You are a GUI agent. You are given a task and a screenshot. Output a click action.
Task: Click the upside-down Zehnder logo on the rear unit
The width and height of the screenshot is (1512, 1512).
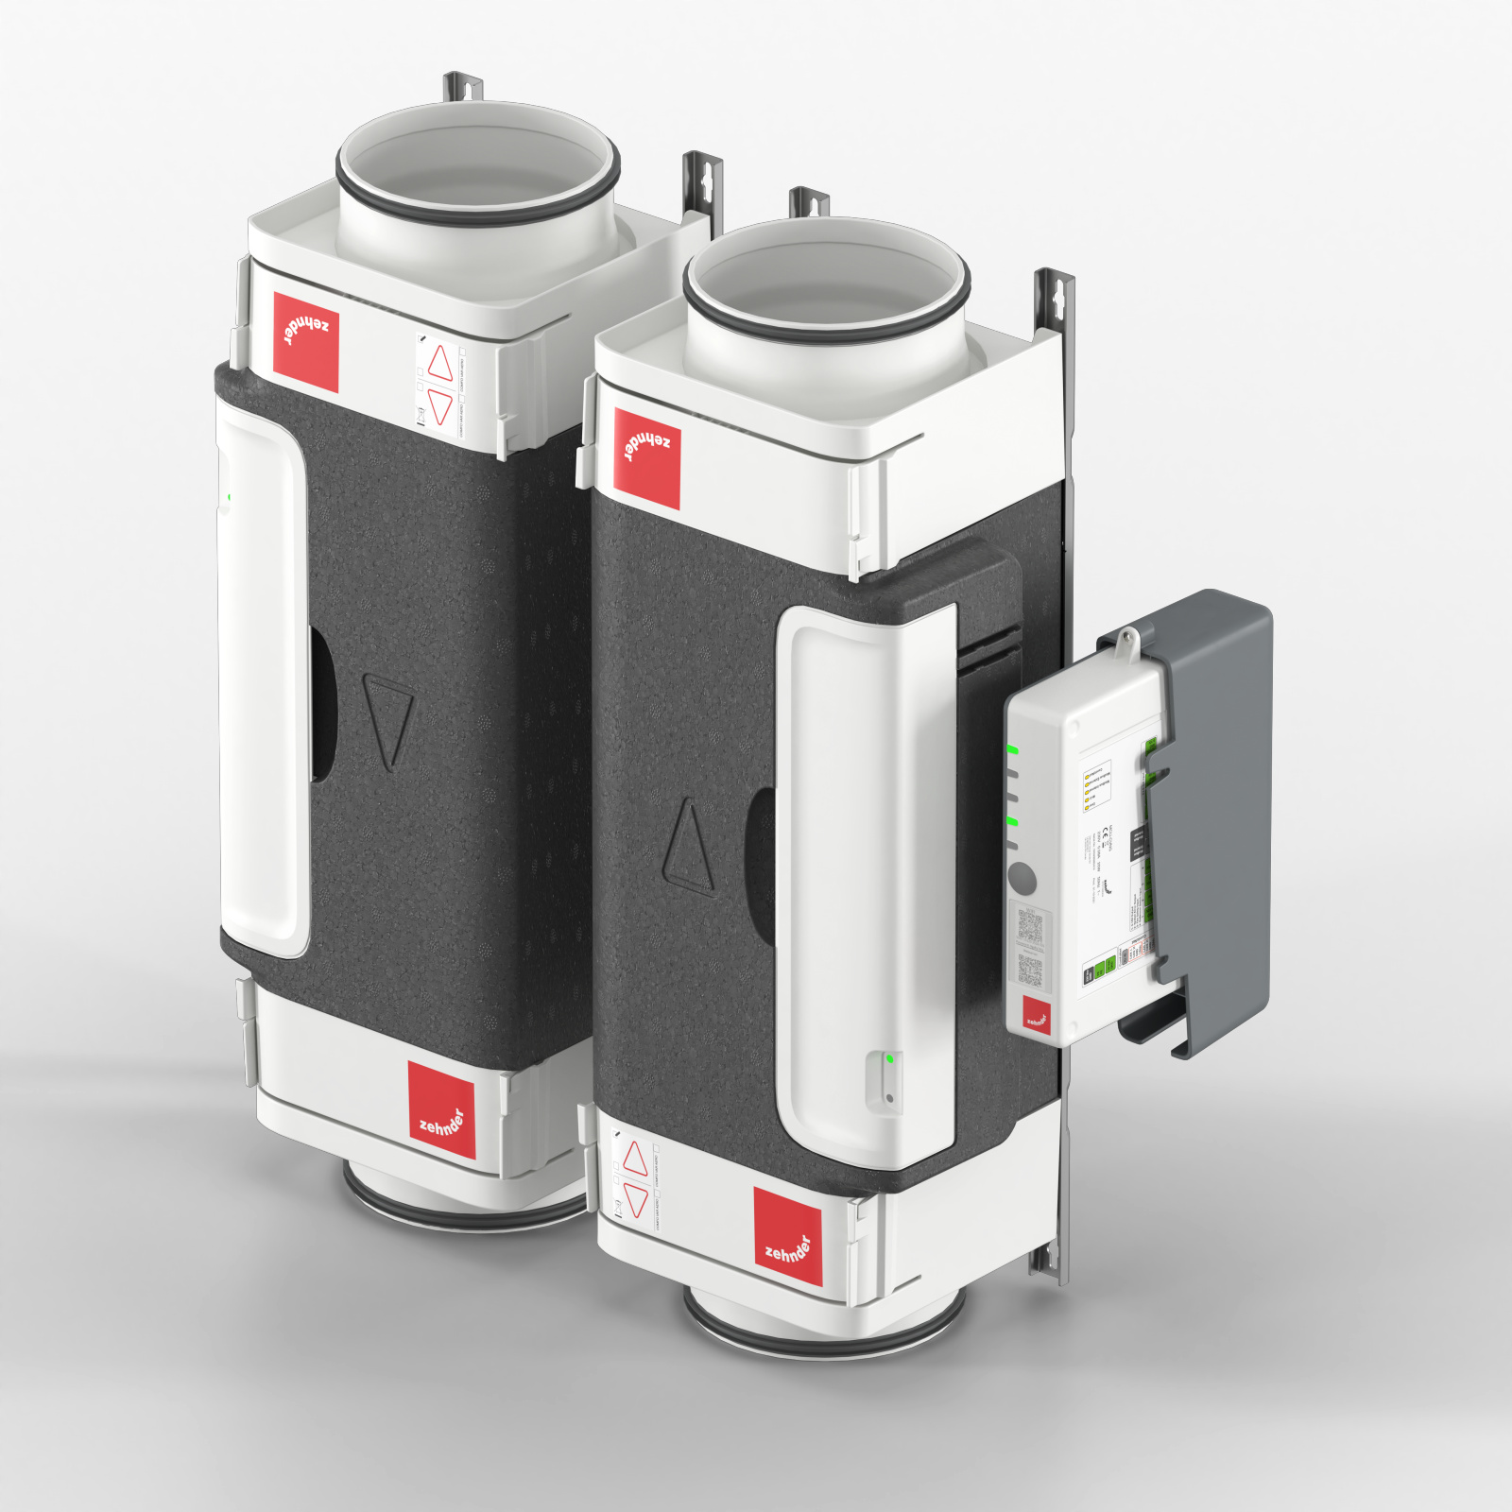305,341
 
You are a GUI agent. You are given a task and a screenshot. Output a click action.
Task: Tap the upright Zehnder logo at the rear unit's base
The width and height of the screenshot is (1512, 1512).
441,1109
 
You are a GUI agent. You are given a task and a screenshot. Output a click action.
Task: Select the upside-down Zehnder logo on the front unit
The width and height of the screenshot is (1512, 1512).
646,458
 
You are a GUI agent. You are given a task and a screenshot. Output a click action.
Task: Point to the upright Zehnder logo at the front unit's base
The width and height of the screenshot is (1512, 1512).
788,1237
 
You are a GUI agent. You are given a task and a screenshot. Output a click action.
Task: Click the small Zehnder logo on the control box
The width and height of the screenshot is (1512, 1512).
1037,1013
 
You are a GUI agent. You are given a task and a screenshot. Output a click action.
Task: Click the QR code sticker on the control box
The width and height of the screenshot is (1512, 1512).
1029,926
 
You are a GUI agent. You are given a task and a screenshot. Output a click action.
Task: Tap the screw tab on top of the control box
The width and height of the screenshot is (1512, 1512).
1125,643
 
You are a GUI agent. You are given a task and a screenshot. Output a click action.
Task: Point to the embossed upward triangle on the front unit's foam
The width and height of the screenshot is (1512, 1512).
688,847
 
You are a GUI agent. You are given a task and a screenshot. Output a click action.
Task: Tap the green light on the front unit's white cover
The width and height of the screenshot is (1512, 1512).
890,1059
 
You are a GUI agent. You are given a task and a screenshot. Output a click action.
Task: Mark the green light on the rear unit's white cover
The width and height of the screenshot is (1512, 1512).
229,496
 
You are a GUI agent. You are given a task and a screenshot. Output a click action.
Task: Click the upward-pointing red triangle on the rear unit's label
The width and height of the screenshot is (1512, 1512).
440,362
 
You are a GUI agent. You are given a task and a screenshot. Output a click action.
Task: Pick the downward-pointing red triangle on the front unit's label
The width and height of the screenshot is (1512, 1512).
636,1201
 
